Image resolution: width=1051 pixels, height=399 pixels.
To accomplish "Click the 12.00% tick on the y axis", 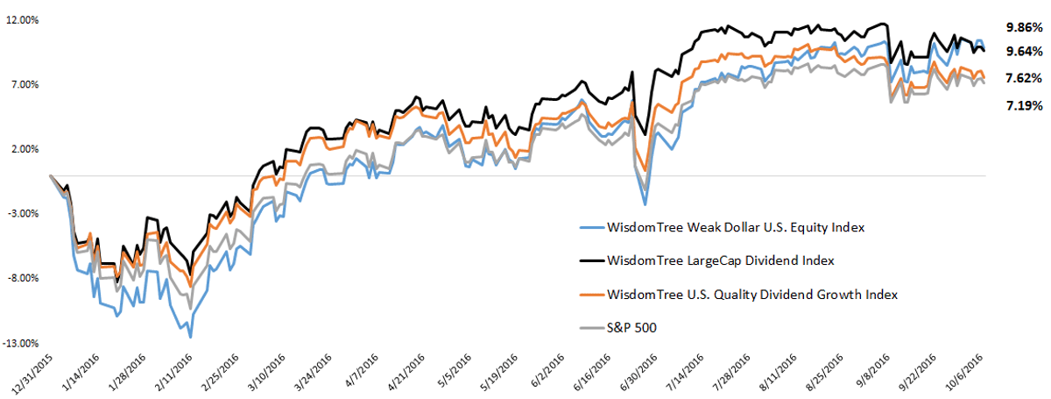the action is pyautogui.click(x=23, y=20).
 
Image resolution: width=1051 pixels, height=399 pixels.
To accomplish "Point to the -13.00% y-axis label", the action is pyautogui.click(x=21, y=343).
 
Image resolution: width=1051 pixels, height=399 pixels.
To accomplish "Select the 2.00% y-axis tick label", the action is pyautogui.click(x=25, y=149).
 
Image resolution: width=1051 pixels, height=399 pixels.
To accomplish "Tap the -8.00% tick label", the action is pyautogui.click(x=23, y=278).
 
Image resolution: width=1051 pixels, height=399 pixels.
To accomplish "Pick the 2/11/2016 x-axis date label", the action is pyautogui.click(x=174, y=373).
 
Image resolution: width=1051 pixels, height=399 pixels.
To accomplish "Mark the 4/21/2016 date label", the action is pyautogui.click(x=406, y=373).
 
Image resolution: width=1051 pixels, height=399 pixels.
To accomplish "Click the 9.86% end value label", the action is pyautogui.click(x=1024, y=27).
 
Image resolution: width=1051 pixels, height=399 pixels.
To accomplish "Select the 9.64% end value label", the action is pyautogui.click(x=1024, y=51).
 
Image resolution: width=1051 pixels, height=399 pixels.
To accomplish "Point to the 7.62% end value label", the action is pyautogui.click(x=1024, y=78).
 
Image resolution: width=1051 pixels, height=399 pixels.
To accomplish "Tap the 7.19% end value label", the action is pyautogui.click(x=1024, y=105).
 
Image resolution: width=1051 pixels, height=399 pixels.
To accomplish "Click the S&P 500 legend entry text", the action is pyautogui.click(x=631, y=328).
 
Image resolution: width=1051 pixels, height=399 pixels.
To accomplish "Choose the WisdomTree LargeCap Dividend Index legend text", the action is pyautogui.click(x=721, y=260).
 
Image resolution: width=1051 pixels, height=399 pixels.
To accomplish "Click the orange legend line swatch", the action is pyautogui.click(x=592, y=295).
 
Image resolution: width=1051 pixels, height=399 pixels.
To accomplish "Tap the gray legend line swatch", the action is pyautogui.click(x=592, y=328).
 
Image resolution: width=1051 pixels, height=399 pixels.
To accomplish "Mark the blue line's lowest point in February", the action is pyautogui.click(x=190, y=338).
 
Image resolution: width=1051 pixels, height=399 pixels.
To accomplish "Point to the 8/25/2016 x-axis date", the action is pyautogui.click(x=825, y=373).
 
